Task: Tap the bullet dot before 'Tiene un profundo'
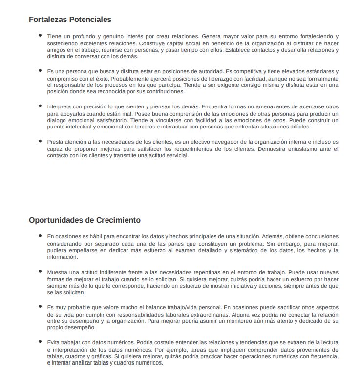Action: pos(40,36)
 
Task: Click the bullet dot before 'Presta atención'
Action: pos(40,141)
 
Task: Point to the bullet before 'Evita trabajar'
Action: pos(40,342)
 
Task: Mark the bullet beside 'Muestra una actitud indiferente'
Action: pos(40,271)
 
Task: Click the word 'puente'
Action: pos(56,127)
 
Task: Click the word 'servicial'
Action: pos(175,155)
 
